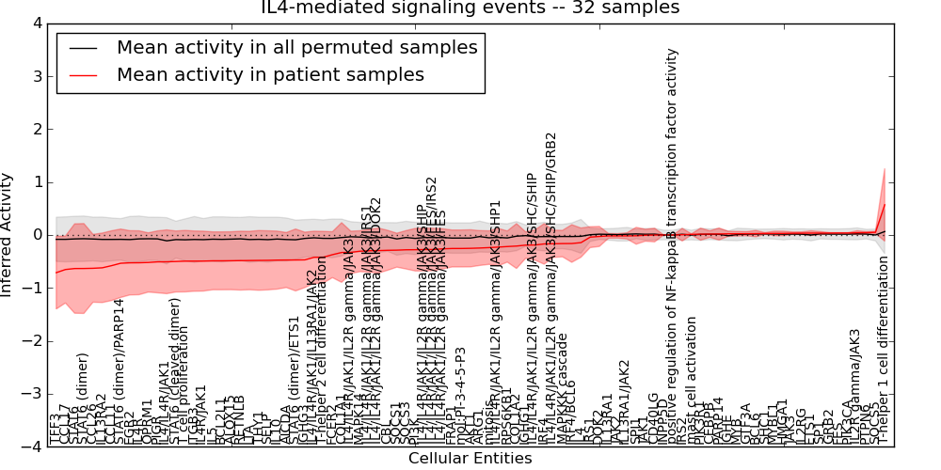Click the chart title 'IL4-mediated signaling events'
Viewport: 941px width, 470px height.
click(x=470, y=8)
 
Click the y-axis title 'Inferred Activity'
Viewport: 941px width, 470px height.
click(x=8, y=235)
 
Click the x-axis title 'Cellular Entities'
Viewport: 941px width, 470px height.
click(x=470, y=459)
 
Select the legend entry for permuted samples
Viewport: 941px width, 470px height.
click(x=296, y=47)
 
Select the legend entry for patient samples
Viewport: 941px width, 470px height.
click(x=270, y=74)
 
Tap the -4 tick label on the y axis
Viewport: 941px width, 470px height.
click(x=32, y=447)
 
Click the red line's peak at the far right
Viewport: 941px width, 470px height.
click(x=885, y=204)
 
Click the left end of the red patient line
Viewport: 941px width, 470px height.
click(x=56, y=273)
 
